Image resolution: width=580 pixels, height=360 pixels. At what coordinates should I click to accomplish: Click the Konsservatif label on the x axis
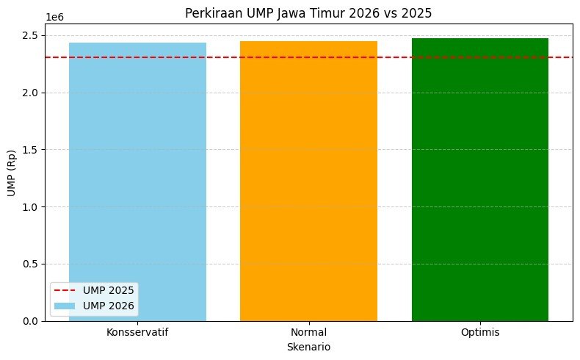pyautogui.click(x=137, y=332)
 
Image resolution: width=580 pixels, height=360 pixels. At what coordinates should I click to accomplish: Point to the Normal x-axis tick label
pyautogui.click(x=308, y=332)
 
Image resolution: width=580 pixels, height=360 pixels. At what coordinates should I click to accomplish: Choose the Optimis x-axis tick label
pyautogui.click(x=479, y=332)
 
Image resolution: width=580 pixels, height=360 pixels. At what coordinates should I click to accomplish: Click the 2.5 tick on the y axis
pyautogui.click(x=29, y=35)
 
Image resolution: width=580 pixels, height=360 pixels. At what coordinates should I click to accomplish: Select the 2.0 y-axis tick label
pyautogui.click(x=29, y=93)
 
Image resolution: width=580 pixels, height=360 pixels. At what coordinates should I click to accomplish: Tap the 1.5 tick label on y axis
pyautogui.click(x=29, y=150)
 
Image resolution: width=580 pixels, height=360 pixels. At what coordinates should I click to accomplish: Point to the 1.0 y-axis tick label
pyautogui.click(x=29, y=206)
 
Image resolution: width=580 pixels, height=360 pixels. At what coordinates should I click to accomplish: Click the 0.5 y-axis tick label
pyautogui.click(x=29, y=264)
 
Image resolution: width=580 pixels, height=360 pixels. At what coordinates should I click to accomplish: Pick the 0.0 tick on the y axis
pyautogui.click(x=29, y=321)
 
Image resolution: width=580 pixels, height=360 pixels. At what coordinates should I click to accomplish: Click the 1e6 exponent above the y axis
pyautogui.click(x=54, y=16)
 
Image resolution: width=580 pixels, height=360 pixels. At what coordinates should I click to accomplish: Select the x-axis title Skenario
pyautogui.click(x=308, y=346)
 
